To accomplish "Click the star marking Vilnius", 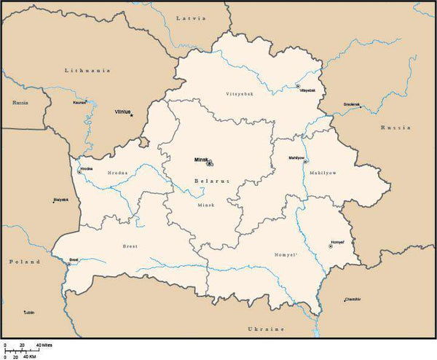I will point(132,114).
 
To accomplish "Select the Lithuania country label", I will point(87,70).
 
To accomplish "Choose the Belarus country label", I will point(211,180).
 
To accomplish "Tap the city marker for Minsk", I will point(210,163).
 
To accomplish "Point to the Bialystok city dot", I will point(53,202).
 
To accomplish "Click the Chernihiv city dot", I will point(346,299).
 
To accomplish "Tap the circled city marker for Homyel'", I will point(331,246).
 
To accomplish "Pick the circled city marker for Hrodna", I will point(79,171).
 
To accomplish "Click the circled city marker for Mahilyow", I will point(306,161).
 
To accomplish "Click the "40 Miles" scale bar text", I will point(44,345).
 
